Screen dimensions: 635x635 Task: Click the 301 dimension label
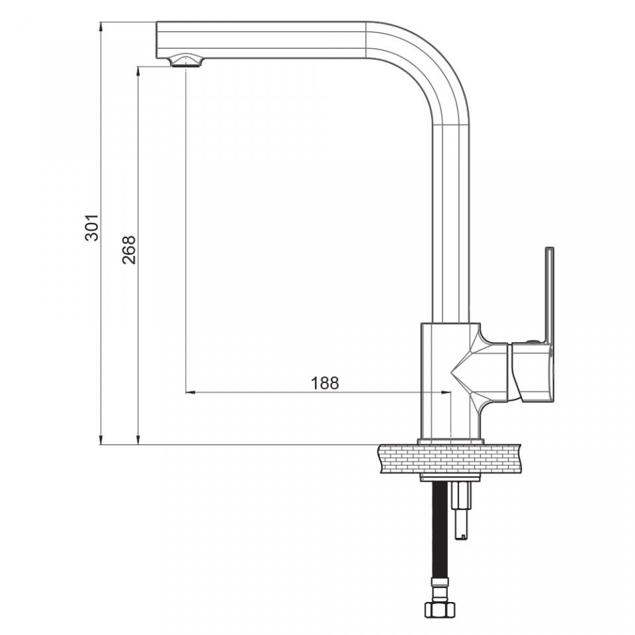click(x=92, y=228)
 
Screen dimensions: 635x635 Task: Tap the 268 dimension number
click(x=129, y=250)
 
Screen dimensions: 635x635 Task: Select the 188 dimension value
click(x=324, y=383)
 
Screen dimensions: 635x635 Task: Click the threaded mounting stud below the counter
click(x=462, y=510)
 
